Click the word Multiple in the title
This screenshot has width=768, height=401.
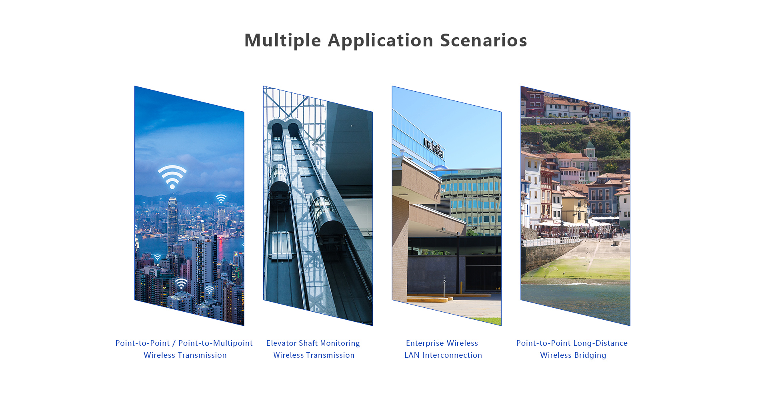pos(283,40)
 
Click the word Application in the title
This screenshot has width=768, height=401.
pos(380,40)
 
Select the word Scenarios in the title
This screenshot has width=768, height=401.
pos(484,40)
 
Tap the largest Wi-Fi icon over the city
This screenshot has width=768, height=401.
pos(172,176)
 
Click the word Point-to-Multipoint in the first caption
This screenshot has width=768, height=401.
pos(215,343)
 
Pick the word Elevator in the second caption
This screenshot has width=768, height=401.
pos(281,343)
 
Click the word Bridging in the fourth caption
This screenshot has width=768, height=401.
pos(590,355)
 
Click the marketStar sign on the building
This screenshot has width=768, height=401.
pos(434,148)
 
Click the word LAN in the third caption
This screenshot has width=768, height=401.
pos(412,355)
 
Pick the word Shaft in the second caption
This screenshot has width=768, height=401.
pos(308,343)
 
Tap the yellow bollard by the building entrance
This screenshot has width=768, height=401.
pos(461,287)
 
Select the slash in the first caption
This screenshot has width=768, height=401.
pos(174,343)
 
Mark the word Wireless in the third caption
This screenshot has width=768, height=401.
pos(462,343)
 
